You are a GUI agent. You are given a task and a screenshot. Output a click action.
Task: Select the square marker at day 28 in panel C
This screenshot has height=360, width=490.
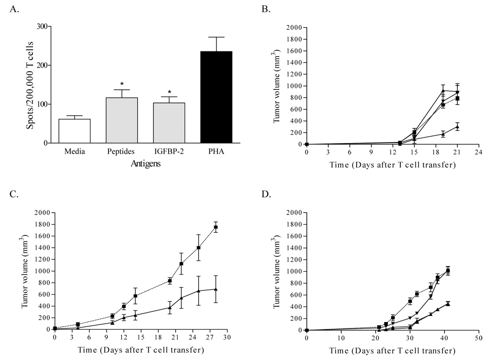pyautogui.click(x=216, y=227)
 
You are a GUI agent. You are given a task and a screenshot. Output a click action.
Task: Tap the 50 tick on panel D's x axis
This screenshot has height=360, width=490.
pyautogui.click(x=477, y=338)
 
